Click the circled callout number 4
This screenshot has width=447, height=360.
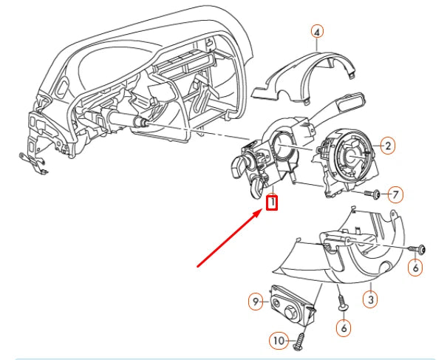click(316, 32)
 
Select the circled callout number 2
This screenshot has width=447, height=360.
click(386, 146)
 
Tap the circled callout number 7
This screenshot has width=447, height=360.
click(395, 195)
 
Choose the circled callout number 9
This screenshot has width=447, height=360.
click(255, 301)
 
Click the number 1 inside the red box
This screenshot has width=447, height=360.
click(272, 201)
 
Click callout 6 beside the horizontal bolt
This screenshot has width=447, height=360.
click(415, 269)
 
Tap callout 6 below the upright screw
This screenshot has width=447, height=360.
click(344, 326)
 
